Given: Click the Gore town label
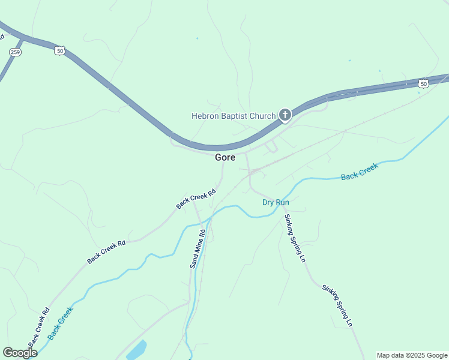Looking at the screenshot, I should tap(225, 158).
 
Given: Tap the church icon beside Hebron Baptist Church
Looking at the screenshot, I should tap(285, 115).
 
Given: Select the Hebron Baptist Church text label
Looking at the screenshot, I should tap(233, 116).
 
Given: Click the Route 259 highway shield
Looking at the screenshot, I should tap(15, 52).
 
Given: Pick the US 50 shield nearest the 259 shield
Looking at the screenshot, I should tap(59, 51).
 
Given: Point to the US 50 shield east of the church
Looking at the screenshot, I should tap(424, 84).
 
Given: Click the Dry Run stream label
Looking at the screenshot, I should tap(276, 202).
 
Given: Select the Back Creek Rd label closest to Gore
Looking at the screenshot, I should tap(196, 199).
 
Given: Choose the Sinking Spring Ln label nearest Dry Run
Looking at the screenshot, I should tap(295, 238).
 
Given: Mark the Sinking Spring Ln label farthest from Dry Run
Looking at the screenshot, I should tap(337, 305).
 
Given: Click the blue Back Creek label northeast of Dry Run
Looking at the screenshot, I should tap(360, 172).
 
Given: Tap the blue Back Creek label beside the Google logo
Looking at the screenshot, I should tap(60, 323).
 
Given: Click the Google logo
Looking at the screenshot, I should tap(20, 352).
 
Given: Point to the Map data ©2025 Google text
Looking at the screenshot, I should tap(412, 355).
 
